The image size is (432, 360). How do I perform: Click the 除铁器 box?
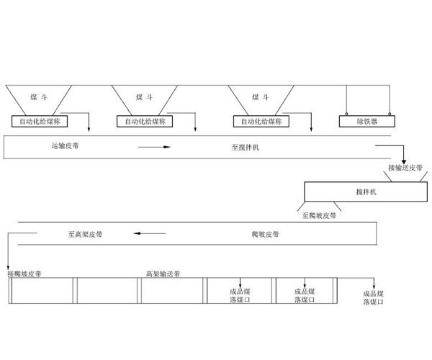(x=368, y=121)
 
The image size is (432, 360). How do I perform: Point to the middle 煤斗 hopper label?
(x=144, y=97)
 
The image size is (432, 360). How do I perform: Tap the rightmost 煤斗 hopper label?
(x=261, y=97)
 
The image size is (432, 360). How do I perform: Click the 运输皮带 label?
(x=66, y=147)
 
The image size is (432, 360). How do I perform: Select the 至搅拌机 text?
(x=246, y=147)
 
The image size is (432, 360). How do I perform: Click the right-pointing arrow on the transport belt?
(x=155, y=148)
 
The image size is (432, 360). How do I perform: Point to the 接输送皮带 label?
(x=406, y=168)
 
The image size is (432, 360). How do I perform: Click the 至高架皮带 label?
(x=85, y=234)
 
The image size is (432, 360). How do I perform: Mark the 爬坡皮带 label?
(x=266, y=234)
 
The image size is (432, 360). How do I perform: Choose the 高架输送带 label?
(x=163, y=274)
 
